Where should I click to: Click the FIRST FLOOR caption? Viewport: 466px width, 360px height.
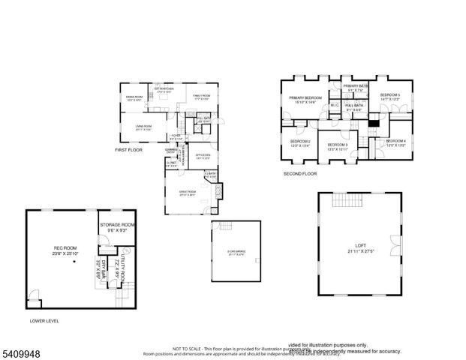[128, 150]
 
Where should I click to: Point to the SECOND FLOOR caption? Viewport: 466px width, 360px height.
[299, 173]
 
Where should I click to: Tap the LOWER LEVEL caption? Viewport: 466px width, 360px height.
[44, 320]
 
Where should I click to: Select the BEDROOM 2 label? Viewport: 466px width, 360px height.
[299, 143]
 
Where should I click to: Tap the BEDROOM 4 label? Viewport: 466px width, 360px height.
[395, 143]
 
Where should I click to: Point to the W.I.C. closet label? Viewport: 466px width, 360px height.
[335, 106]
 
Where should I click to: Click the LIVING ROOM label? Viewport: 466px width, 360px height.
[143, 127]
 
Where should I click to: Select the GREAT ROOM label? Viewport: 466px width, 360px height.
[187, 193]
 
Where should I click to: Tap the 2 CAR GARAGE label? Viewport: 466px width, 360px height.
[236, 253]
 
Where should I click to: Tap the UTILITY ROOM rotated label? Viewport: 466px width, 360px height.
[117, 267]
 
